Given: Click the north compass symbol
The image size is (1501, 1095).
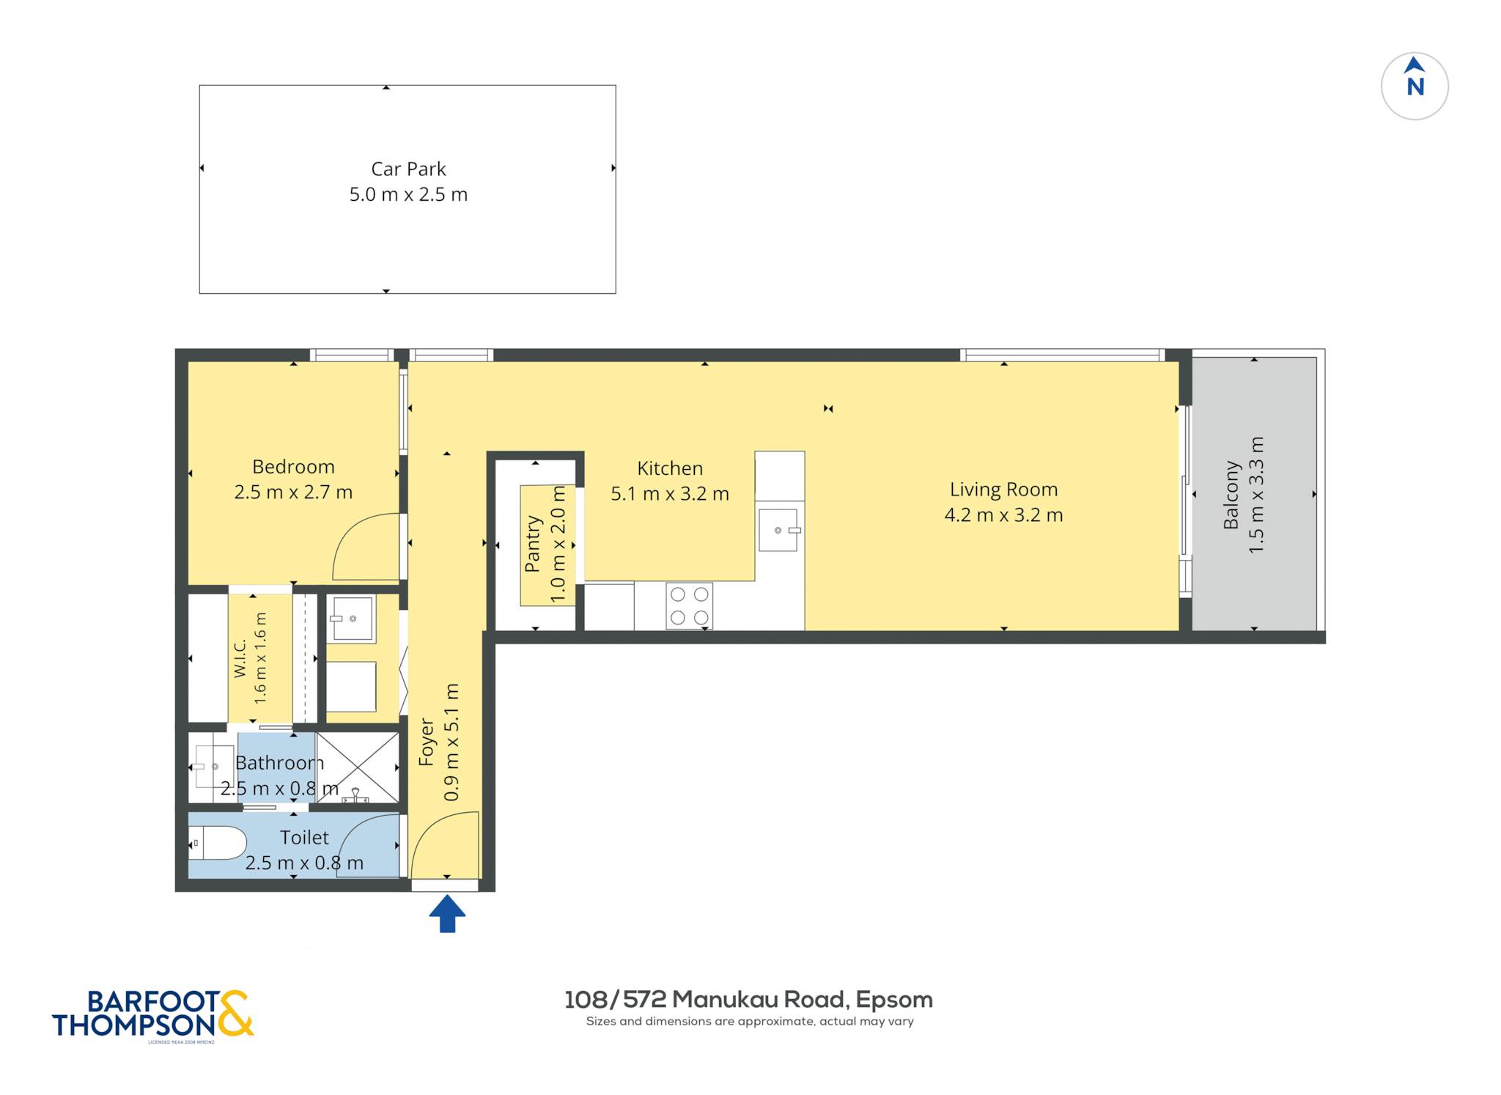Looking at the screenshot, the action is point(1415,86).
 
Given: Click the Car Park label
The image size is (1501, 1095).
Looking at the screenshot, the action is point(408,169).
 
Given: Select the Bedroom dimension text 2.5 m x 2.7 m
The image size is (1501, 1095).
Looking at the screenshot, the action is point(293,492).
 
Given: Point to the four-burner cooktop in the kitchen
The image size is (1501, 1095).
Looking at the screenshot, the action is point(690,606).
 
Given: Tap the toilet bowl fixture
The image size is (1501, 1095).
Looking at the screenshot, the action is point(218,843).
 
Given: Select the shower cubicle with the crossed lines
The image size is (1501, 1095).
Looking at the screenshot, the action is point(358,767).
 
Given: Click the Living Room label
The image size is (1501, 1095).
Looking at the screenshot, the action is point(1003,490).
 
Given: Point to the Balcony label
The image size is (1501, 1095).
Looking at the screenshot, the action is point(1231,495).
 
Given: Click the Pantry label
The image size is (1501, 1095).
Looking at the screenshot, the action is point(533,544).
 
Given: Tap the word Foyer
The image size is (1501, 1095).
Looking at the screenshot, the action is point(427,742).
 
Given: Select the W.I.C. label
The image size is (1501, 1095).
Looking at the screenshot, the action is point(240,659).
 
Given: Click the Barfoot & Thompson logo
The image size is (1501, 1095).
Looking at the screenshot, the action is point(152,1015).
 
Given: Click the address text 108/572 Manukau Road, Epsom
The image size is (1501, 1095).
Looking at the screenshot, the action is point(748,1000).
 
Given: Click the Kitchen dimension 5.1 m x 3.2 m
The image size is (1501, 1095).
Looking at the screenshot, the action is point(670,494).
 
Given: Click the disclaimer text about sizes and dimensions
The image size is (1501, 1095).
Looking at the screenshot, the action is point(750,1022).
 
